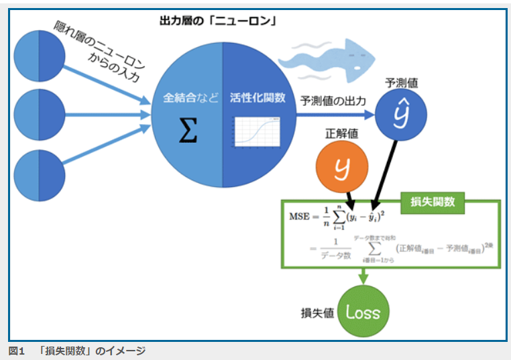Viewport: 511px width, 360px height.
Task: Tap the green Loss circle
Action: coord(363,311)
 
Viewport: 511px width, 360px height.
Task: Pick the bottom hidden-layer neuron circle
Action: coord(39,174)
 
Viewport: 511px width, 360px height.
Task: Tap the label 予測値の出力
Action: coord(333,101)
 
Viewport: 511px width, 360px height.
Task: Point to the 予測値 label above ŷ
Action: coord(402,84)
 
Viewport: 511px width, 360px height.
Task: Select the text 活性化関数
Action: coord(257,98)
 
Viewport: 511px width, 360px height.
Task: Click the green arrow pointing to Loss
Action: coord(363,275)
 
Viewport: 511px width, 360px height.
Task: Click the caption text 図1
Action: coord(15,351)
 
